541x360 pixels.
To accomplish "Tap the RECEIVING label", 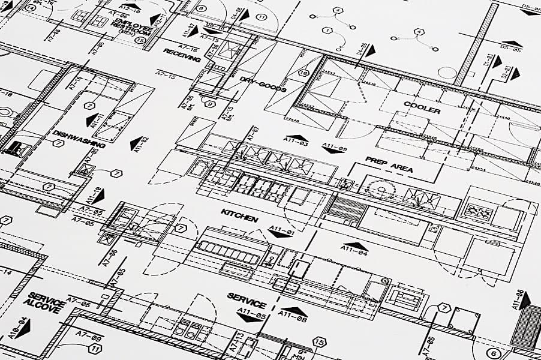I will point(182,55).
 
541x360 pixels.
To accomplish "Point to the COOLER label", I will point(422,107).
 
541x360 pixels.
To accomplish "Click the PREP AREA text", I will point(389,164).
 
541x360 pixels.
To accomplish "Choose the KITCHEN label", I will point(240,215).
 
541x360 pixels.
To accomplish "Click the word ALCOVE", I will point(42,307).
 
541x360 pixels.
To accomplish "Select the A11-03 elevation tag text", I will point(294,144).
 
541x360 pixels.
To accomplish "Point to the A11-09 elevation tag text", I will point(334,147).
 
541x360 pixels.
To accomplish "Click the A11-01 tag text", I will point(281,230).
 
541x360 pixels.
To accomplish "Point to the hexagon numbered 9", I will point(209,103).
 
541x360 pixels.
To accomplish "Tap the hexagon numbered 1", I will point(327,29).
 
